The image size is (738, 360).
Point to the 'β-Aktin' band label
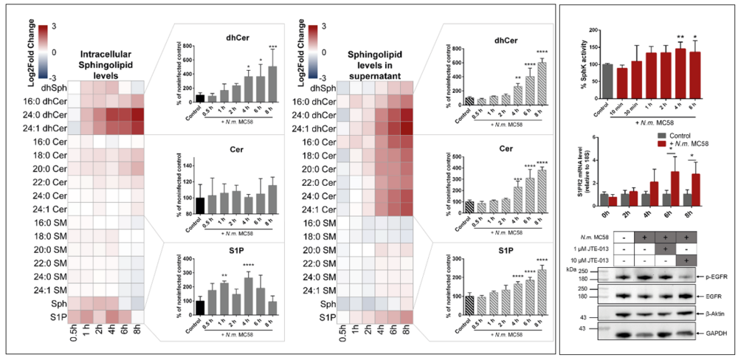point(711,314)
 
